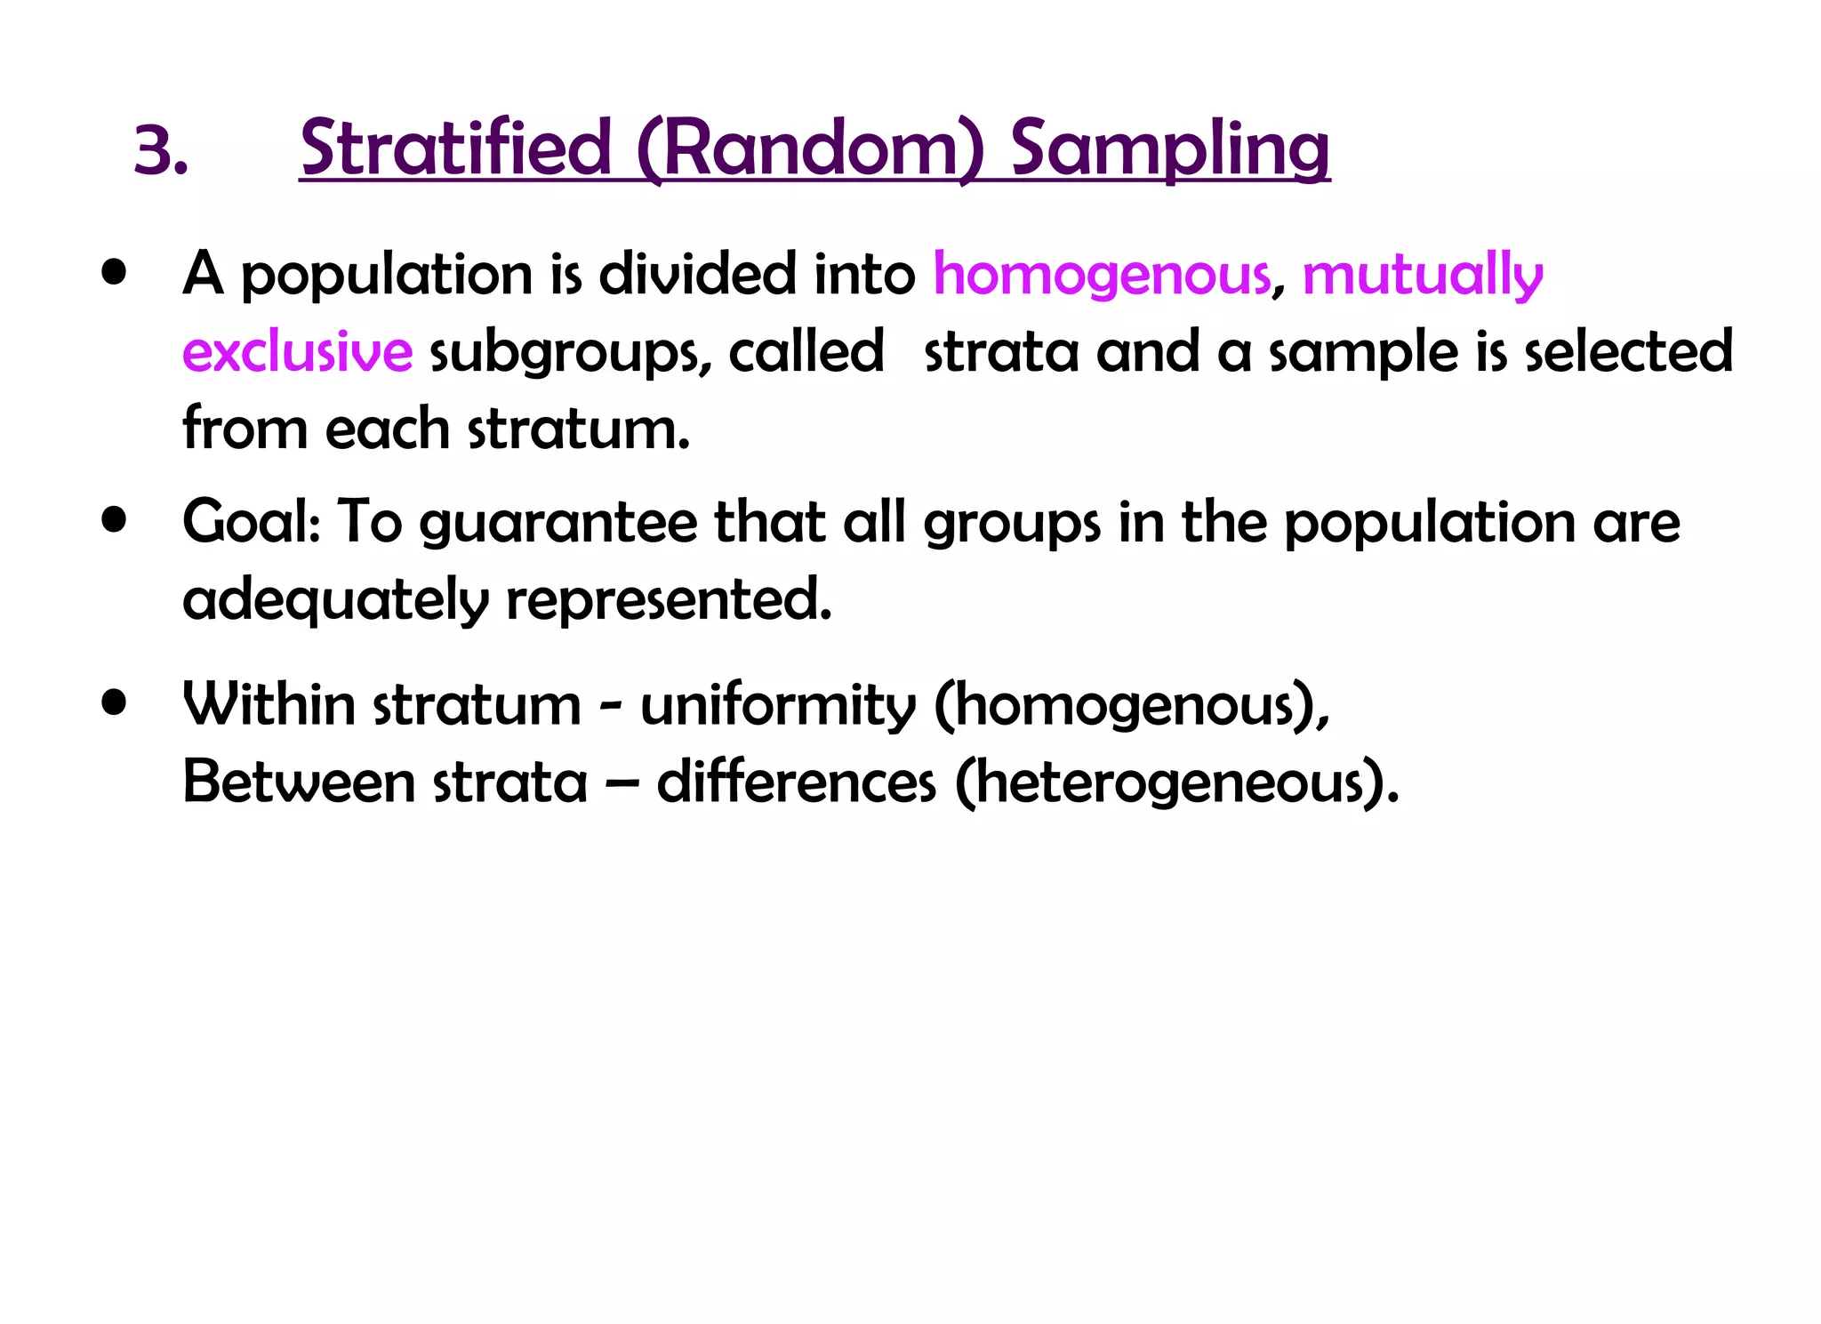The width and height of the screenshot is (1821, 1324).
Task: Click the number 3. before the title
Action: [160, 150]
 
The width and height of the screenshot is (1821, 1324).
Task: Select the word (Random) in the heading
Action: [810, 149]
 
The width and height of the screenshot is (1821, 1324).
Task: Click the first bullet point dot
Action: [114, 272]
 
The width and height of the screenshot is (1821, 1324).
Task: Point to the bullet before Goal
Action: [114, 519]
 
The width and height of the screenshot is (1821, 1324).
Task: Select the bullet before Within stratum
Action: [114, 702]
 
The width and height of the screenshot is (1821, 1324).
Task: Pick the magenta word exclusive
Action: [297, 352]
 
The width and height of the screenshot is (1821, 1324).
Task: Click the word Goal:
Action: [251, 522]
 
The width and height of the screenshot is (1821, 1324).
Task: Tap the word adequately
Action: [335, 600]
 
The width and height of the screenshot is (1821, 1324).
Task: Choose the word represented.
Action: [669, 600]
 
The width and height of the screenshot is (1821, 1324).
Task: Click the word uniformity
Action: [777, 706]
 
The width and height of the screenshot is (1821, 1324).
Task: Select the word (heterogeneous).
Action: [1176, 783]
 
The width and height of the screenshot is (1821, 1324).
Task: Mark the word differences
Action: [796, 782]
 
